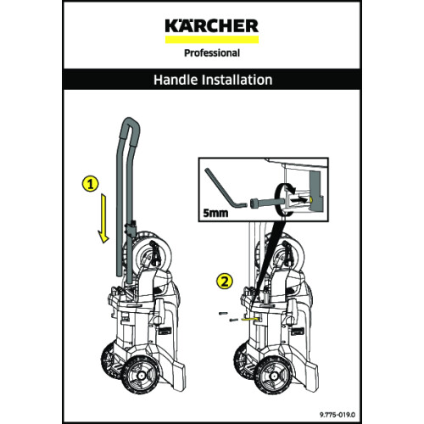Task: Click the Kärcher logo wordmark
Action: click(212, 25)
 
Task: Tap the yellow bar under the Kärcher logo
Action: click(212, 40)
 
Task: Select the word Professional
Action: click(212, 53)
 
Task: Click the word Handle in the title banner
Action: click(176, 80)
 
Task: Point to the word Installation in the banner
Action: click(237, 80)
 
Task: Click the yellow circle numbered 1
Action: click(90, 184)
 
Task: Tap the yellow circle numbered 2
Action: click(225, 282)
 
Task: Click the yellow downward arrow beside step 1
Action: click(103, 218)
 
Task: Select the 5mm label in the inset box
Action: click(215, 213)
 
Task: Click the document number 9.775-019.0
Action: click(338, 415)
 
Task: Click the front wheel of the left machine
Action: click(140, 376)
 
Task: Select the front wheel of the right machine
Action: click(273, 376)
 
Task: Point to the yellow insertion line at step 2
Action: click(249, 318)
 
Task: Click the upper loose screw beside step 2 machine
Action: click(223, 313)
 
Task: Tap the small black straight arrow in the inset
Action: click(299, 199)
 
